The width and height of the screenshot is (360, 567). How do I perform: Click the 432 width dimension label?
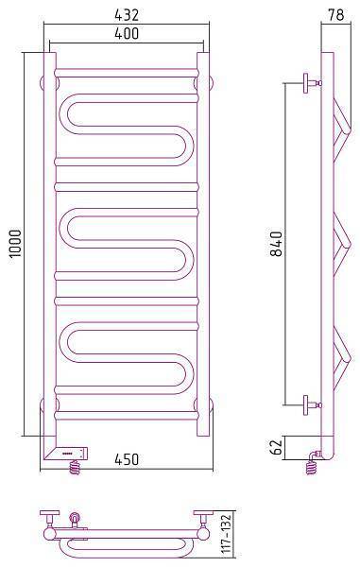coord(127,15)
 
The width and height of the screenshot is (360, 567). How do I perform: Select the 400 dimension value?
coord(127,34)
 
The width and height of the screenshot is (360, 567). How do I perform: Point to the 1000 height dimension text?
coord(16,244)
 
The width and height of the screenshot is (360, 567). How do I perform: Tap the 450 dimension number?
coord(127,459)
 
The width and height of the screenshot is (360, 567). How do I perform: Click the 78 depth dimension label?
coord(335,15)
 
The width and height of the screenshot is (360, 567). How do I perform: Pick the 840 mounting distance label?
coord(277,244)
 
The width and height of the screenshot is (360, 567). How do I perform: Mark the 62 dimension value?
coord(277,447)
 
